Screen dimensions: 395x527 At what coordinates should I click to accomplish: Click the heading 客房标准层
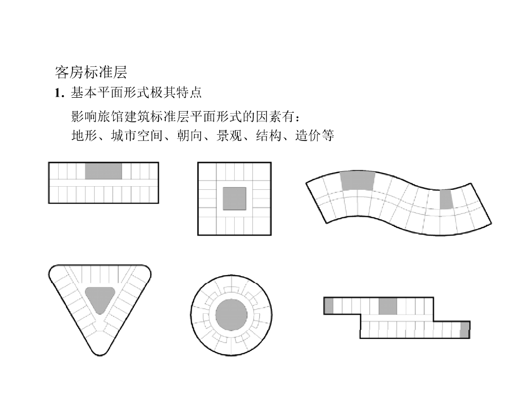coord(91,72)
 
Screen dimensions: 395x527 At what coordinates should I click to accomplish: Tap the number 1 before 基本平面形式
coord(58,93)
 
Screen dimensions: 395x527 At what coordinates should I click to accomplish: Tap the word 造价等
coord(315,136)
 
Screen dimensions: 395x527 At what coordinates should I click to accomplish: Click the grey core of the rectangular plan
coord(103,171)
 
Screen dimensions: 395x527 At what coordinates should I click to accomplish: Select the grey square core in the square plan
coord(234,199)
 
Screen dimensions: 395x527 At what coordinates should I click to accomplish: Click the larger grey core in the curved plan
coord(357,181)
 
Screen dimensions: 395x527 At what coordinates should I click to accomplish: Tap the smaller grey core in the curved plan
coord(446,199)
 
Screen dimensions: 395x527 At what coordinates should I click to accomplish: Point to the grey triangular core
coord(100,298)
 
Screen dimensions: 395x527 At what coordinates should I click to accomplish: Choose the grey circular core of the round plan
coord(231,315)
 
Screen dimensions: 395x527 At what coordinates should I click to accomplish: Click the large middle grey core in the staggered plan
coord(388,306)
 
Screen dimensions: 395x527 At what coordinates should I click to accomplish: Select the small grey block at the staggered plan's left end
coord(328,306)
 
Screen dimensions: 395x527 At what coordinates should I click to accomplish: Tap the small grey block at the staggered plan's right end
coord(465,330)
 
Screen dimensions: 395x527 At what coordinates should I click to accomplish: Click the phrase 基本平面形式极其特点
coord(136,93)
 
